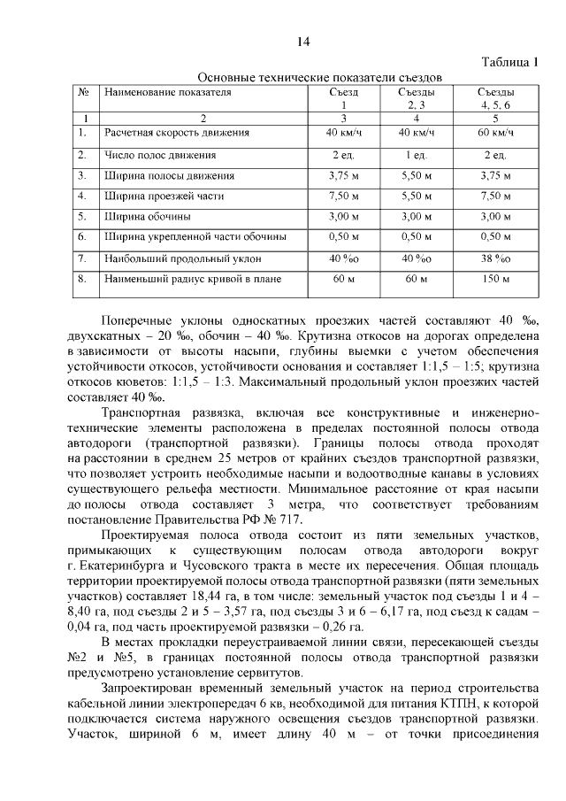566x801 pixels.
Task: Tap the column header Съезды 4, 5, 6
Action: (x=495, y=98)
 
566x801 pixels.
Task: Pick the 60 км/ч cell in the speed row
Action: (x=495, y=133)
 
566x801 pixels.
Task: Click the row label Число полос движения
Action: (x=157, y=156)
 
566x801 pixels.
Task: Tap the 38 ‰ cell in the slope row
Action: (x=495, y=258)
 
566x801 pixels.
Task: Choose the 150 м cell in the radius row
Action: (x=495, y=280)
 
